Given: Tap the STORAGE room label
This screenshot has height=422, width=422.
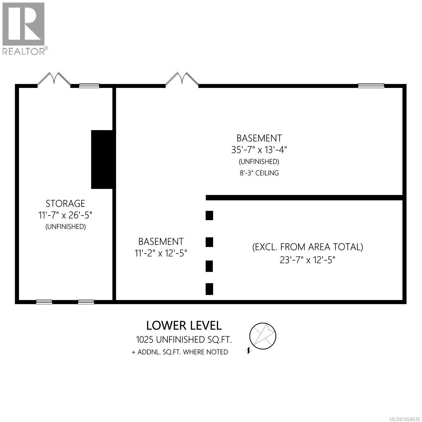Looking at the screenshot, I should [x=65, y=204].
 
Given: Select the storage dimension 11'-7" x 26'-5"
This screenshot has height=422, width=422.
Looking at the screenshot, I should [x=65, y=215].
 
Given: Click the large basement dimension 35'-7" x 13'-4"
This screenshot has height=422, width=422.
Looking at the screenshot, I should [x=259, y=149].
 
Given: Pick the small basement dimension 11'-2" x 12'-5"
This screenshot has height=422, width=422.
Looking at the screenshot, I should [x=161, y=253].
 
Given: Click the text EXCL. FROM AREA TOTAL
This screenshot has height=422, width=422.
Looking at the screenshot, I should [x=308, y=247].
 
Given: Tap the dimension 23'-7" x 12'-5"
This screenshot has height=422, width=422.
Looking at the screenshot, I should [x=308, y=260].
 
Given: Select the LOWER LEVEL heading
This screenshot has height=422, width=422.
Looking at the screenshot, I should [x=184, y=325].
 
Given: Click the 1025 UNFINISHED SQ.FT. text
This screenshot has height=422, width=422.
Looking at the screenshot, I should [x=184, y=340].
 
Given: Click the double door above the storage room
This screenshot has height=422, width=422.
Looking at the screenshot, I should [x=54, y=79].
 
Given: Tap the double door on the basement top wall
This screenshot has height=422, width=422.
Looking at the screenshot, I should [x=182, y=79].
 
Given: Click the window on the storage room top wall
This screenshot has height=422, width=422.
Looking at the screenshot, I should [x=89, y=85].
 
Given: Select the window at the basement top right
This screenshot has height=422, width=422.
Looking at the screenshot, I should [x=371, y=85].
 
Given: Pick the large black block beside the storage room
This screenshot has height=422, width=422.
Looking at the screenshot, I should [x=102, y=159].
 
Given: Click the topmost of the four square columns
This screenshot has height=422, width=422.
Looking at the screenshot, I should [x=209, y=215].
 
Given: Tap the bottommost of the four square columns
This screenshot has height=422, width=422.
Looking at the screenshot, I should [x=209, y=289].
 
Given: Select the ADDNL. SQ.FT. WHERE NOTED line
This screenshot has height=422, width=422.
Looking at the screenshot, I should [x=180, y=352].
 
